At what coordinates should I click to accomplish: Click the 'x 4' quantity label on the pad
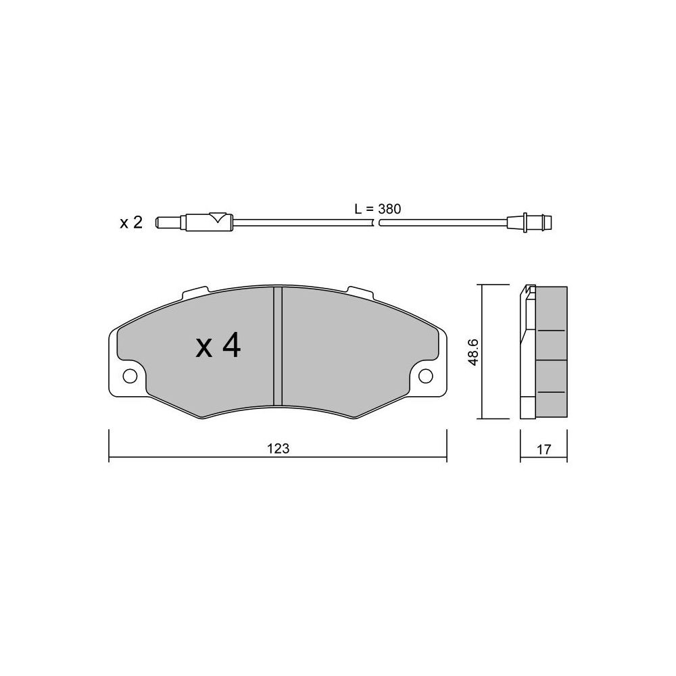pos(218,347)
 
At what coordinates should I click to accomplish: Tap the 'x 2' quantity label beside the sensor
pos(130,223)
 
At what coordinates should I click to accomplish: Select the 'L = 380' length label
pos(378,209)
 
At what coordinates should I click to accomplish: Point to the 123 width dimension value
pos(278,449)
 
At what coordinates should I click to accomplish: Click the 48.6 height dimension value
pos(473,352)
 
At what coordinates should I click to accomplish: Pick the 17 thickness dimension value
pos(544,450)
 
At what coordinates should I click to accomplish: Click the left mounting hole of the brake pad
pos(130,376)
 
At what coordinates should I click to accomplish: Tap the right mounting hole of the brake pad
pos(425,376)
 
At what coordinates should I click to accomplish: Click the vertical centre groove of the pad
pos(278,346)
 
